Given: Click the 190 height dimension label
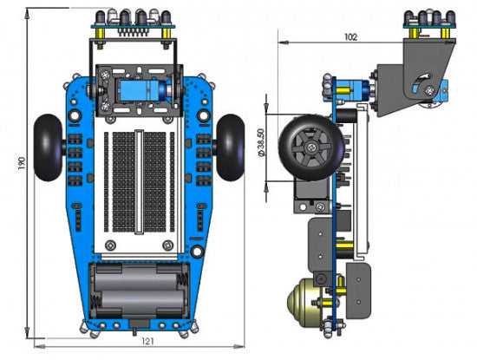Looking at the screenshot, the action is (x=22, y=163).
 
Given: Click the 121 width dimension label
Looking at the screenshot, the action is (x=147, y=341).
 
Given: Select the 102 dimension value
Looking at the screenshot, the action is (x=350, y=37).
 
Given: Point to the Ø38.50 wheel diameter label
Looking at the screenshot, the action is (x=261, y=142).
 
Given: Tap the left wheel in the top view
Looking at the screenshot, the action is (x=49, y=147).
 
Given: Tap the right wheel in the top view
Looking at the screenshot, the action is (x=231, y=147).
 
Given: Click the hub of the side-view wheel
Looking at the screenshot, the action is (x=310, y=148).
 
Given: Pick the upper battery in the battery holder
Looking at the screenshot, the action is (x=136, y=278).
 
